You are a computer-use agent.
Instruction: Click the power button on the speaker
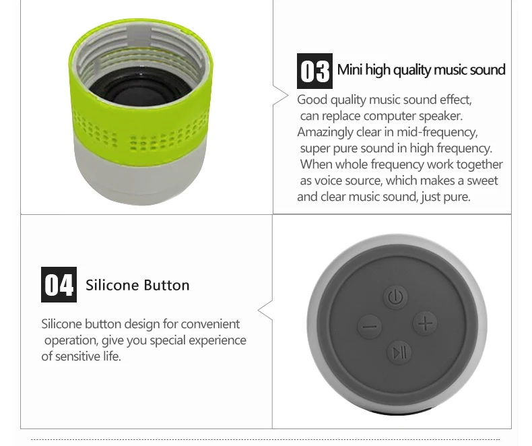(x=396, y=296)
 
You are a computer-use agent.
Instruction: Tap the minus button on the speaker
(x=368, y=328)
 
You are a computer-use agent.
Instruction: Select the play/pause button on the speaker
(x=399, y=352)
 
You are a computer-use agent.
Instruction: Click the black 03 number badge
(x=314, y=71)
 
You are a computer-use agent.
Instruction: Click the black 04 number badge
(x=59, y=284)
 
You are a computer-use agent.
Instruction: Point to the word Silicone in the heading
(x=110, y=285)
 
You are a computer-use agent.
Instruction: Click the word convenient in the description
(x=210, y=324)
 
